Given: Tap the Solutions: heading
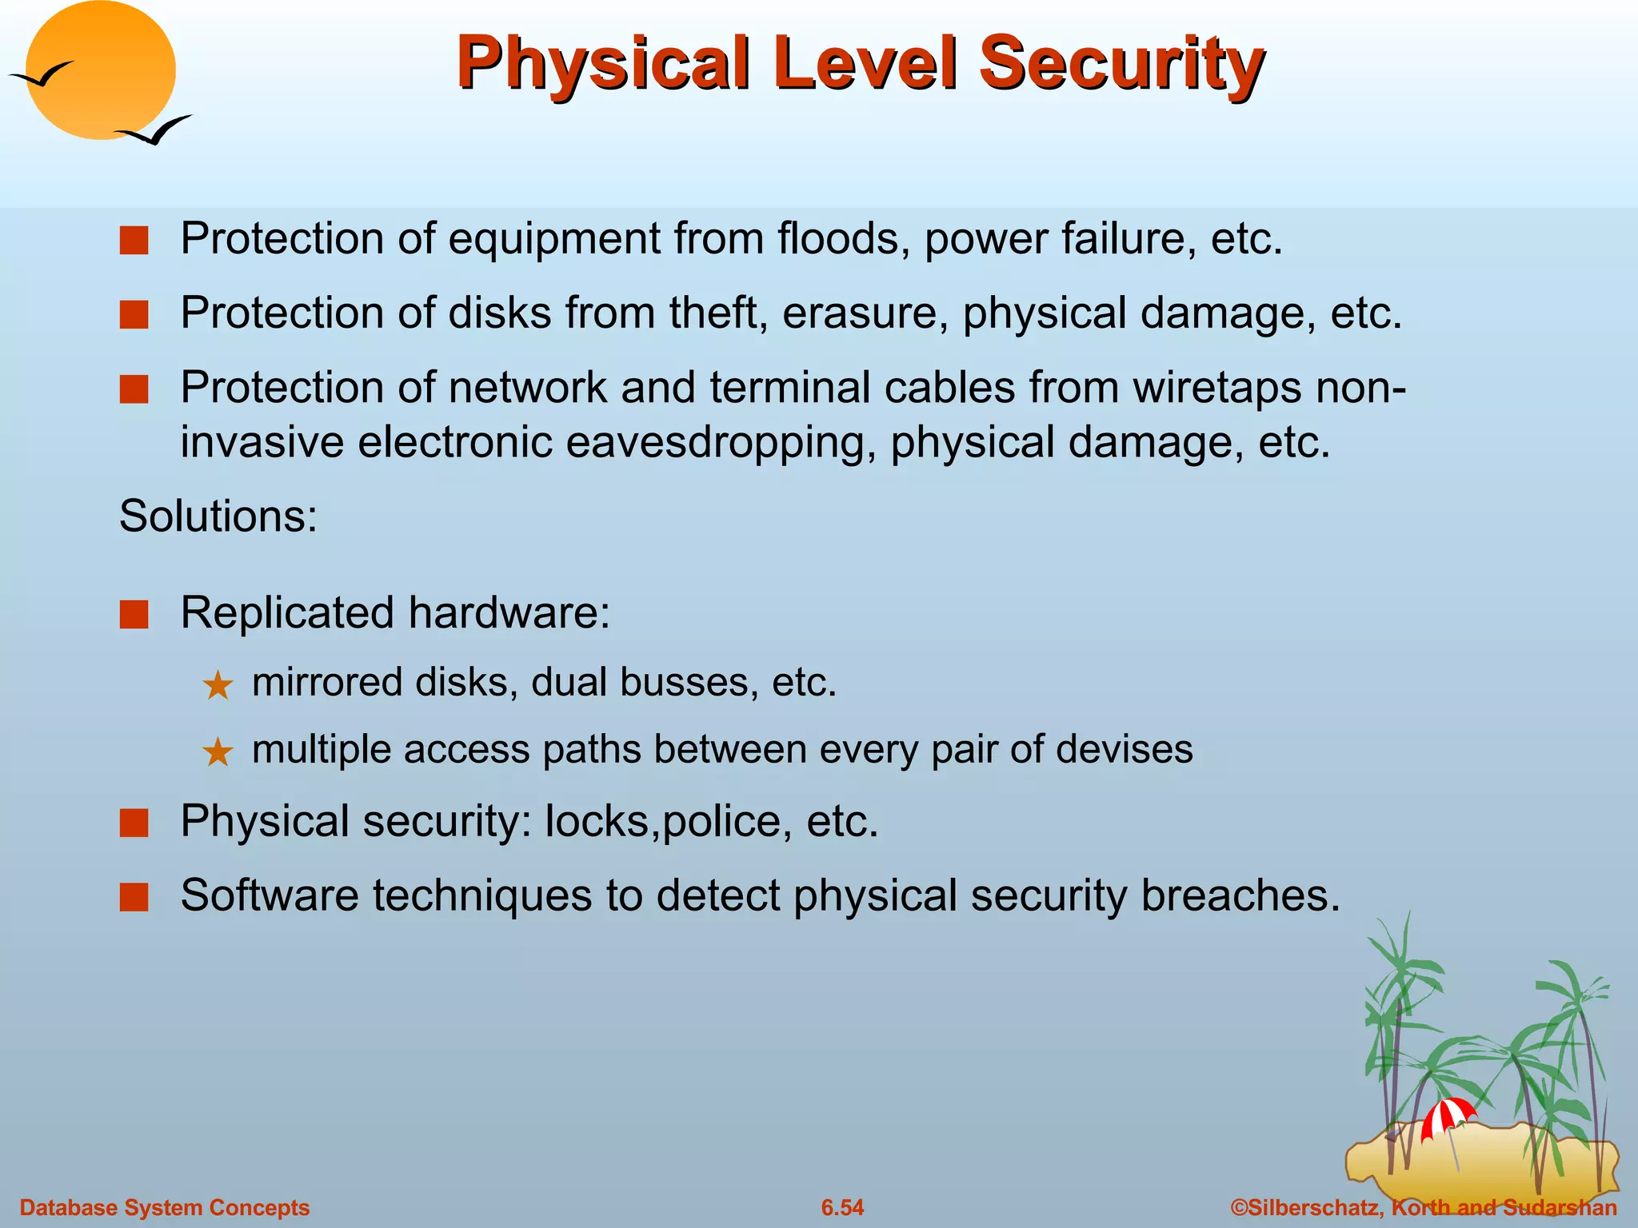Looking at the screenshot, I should pyautogui.click(x=218, y=516).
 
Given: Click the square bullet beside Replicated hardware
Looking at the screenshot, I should pyautogui.click(x=134, y=615).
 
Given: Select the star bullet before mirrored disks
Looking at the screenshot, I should pyautogui.click(x=218, y=686).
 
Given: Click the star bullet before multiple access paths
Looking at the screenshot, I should pyautogui.click(x=218, y=752).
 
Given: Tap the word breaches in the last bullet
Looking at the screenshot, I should pyautogui.click(x=1239, y=895).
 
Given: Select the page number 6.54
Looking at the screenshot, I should pyautogui.click(x=842, y=1207).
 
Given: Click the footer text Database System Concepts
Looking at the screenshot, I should pyautogui.click(x=164, y=1207).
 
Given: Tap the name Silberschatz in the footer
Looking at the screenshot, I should pyautogui.click(x=1312, y=1207).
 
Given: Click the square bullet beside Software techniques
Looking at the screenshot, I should pyautogui.click(x=134, y=897).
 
